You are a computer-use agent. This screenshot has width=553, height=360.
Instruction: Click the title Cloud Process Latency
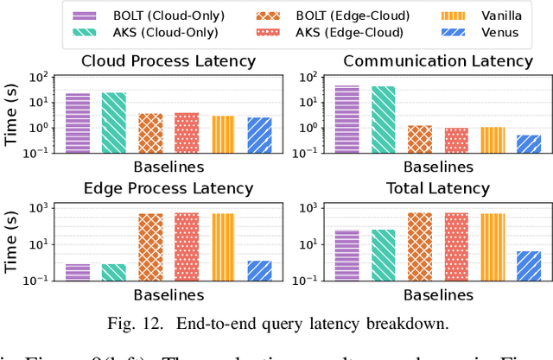[x=168, y=61]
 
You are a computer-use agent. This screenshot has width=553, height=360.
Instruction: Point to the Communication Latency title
[x=438, y=61]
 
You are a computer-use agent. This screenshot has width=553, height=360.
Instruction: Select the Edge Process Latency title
[x=168, y=188]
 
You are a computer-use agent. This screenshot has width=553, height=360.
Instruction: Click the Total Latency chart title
[x=438, y=188]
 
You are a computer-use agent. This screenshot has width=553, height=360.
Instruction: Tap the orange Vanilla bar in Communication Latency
[x=492, y=140]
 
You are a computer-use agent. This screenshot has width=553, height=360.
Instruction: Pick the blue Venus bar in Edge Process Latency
[x=259, y=270]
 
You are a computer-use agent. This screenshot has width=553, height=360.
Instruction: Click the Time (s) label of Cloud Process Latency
[x=12, y=113]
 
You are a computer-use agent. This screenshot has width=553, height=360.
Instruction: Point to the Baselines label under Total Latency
[x=438, y=295]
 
